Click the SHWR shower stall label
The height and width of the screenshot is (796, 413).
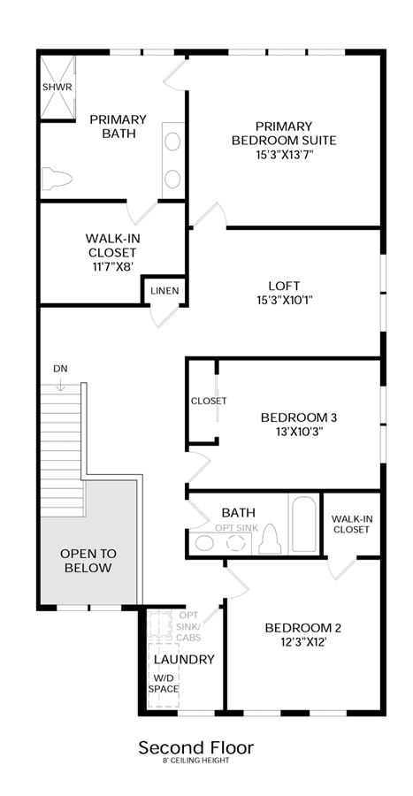tap(57, 87)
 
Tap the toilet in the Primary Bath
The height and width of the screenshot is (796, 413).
tap(57, 178)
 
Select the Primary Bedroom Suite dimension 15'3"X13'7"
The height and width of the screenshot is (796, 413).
tap(283, 154)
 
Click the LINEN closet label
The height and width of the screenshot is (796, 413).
tap(164, 291)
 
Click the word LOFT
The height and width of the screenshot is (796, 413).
tap(284, 286)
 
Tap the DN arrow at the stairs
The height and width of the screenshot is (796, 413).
tap(60, 385)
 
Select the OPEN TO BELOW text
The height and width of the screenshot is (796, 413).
tap(88, 561)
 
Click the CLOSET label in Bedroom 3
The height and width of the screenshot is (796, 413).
tap(209, 401)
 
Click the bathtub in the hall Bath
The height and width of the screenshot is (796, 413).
tap(303, 524)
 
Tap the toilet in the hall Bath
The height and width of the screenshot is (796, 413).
tap(269, 540)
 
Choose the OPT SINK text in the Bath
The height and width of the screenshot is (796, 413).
tap(236, 528)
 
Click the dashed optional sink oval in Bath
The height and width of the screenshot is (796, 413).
tap(236, 543)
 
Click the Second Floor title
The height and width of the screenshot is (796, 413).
tap(196, 747)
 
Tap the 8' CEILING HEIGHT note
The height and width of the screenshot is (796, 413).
tap(195, 760)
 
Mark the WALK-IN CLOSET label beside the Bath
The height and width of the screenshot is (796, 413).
tap(350, 524)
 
